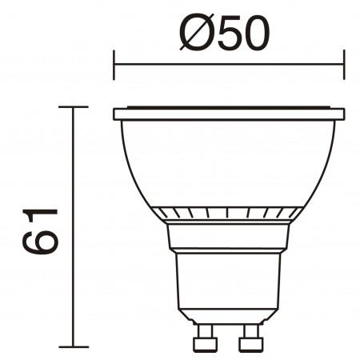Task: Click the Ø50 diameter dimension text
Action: tap(227, 34)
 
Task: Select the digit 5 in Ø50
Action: tap(226, 34)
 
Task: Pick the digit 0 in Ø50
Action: tap(257, 34)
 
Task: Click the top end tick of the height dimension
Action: tap(74, 106)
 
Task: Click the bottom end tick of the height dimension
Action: tap(74, 346)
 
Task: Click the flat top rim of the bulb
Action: tap(228, 113)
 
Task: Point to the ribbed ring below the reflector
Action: tap(228, 213)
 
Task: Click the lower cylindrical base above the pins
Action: tap(228, 288)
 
